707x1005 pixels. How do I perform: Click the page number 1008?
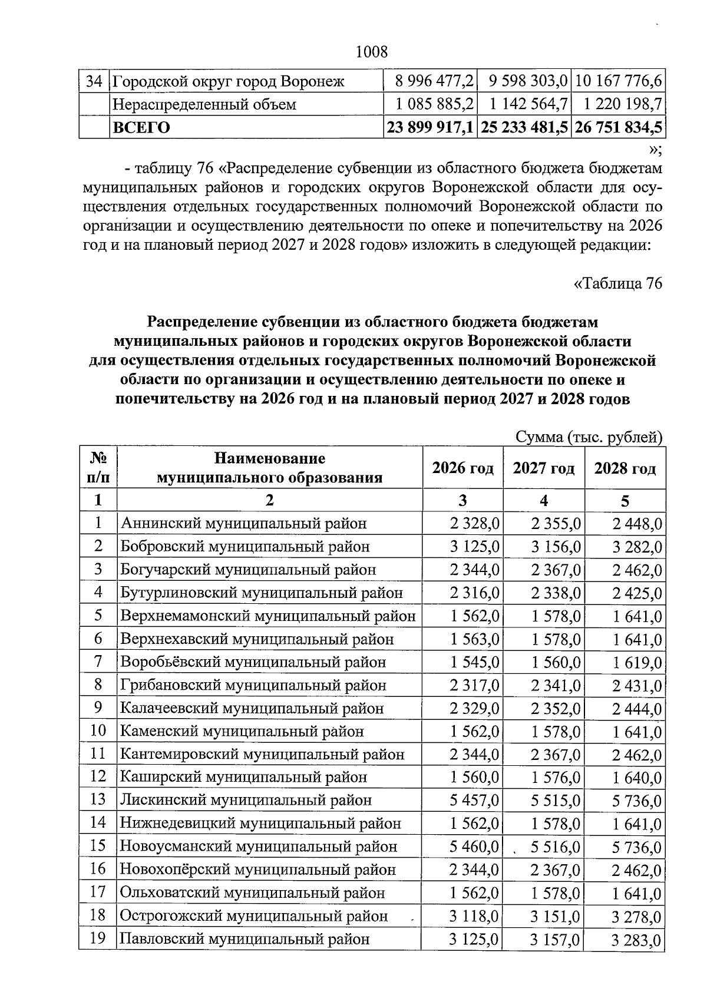click(372, 52)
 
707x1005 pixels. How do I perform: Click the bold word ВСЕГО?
click(141, 127)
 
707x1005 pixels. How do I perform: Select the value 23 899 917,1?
click(430, 127)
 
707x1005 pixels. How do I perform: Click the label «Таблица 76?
click(618, 283)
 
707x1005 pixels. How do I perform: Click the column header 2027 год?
click(543, 468)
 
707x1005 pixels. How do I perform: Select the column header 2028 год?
click(625, 468)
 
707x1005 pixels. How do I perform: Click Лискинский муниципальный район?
click(246, 800)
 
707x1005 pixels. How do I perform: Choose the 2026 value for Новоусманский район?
click(474, 847)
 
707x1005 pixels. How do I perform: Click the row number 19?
click(98, 938)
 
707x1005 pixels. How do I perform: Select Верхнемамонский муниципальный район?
click(268, 616)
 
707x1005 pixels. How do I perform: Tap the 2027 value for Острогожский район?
click(555, 917)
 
